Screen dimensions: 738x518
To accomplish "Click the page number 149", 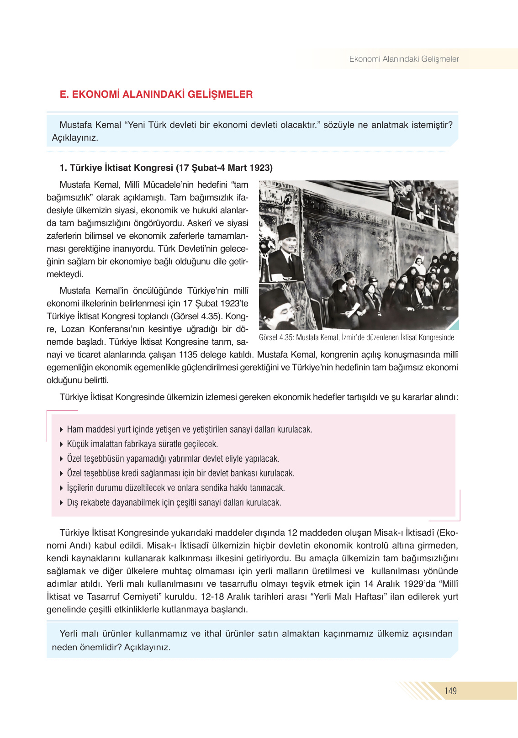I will pos(450,691).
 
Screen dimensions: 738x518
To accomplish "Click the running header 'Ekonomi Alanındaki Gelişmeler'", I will pos(404,59).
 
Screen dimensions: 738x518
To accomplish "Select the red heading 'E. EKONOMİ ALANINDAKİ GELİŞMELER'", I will pos(156,95).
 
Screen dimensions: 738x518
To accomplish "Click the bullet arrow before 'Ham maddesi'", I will pos(62,430).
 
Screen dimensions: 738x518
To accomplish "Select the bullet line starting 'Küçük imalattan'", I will pos(142,444).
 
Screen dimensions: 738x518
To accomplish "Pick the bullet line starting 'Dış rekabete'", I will pos(174,502).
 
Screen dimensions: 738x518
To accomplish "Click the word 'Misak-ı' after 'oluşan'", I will pos(388,532).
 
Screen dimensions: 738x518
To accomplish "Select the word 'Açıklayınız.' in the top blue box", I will pos(75,138).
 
